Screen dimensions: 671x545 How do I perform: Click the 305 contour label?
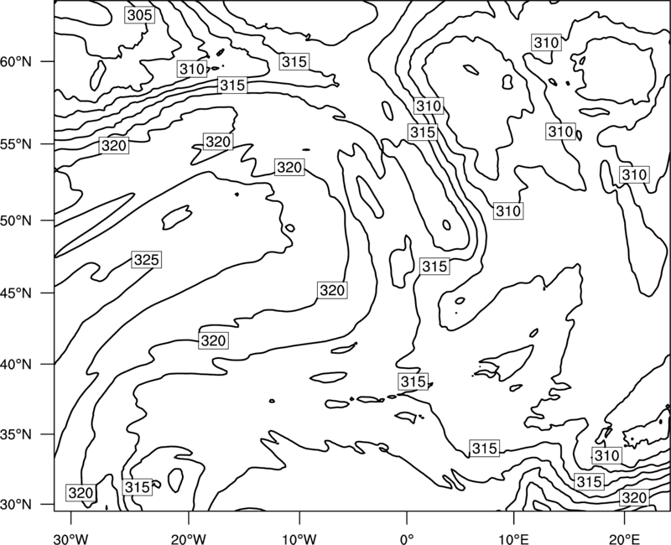[140, 15]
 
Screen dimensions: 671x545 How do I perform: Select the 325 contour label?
[146, 260]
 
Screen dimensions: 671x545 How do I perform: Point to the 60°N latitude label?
[16, 62]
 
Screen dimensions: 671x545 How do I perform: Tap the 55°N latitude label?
[16, 144]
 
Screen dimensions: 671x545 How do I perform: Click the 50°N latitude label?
[16, 221]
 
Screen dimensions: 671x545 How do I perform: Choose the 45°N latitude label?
[16, 293]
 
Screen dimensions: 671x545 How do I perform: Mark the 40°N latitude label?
[16, 365]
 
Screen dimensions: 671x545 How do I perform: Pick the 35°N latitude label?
[16, 434]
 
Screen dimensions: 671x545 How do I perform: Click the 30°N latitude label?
[16, 505]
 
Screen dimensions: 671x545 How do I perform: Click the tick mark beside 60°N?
[48, 61]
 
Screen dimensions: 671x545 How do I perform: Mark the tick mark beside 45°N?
[48, 293]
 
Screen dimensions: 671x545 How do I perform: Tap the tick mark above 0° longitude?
[407, 517]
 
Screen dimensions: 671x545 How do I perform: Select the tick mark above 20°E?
[624, 517]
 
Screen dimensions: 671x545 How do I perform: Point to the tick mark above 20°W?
[189, 517]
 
